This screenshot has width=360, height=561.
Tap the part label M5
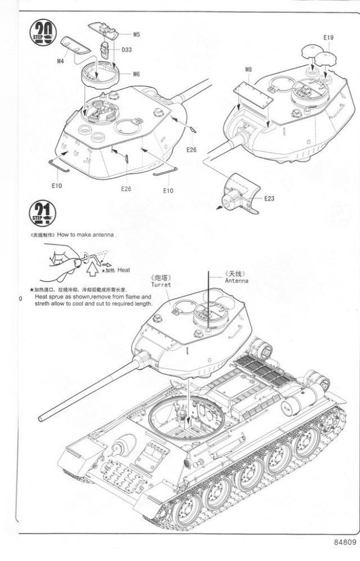137,35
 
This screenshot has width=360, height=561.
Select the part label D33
127,49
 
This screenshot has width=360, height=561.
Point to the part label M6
137,74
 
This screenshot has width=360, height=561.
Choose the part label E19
328,38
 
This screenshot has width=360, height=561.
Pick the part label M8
249,70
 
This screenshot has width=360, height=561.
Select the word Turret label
161,285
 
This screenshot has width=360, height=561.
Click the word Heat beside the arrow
124,270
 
